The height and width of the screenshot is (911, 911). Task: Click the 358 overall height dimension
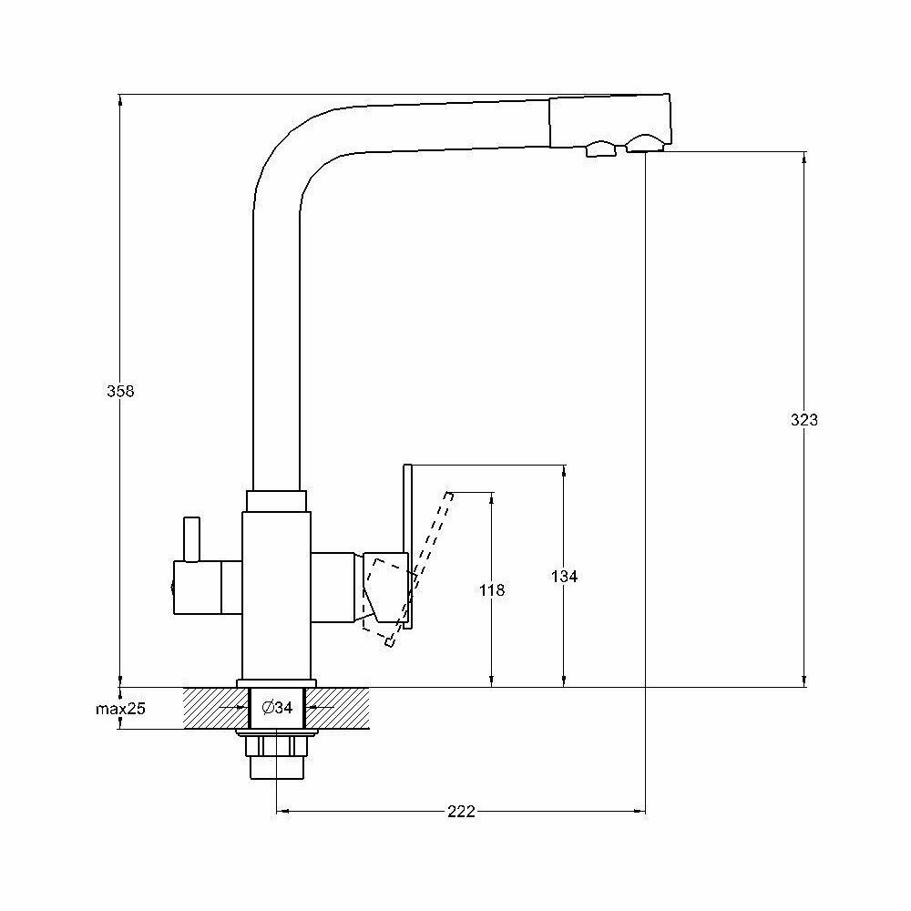click(x=120, y=391)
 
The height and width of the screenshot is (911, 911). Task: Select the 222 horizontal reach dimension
click(x=462, y=813)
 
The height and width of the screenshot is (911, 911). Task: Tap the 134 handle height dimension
click(x=565, y=576)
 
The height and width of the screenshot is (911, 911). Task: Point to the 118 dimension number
click(x=492, y=590)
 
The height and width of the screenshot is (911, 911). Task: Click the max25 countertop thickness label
click(x=121, y=708)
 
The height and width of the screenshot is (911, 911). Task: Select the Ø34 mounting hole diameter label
click(x=276, y=708)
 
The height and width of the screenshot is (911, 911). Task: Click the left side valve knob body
click(x=208, y=588)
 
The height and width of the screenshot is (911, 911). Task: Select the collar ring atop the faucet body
click(x=276, y=500)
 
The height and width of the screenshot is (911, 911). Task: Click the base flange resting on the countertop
click(x=276, y=683)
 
